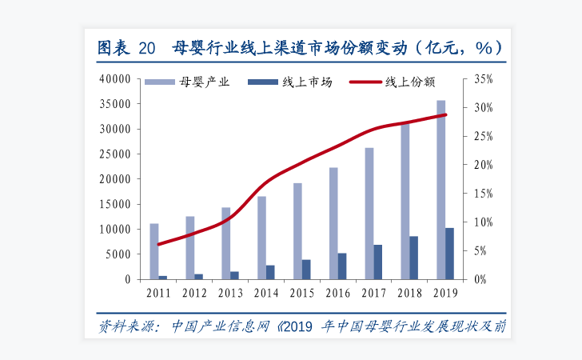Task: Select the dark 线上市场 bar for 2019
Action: click(x=449, y=254)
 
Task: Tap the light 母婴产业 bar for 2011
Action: click(x=154, y=251)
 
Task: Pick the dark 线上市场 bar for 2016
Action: click(x=342, y=266)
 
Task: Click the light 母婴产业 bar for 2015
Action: click(x=297, y=231)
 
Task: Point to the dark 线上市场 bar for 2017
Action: click(x=378, y=262)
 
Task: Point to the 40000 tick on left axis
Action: click(x=114, y=79)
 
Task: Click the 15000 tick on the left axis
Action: click(x=114, y=205)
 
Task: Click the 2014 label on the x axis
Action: click(x=265, y=293)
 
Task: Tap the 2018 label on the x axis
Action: click(x=409, y=293)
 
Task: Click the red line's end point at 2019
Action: click(x=445, y=115)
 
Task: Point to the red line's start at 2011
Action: click(x=158, y=244)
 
